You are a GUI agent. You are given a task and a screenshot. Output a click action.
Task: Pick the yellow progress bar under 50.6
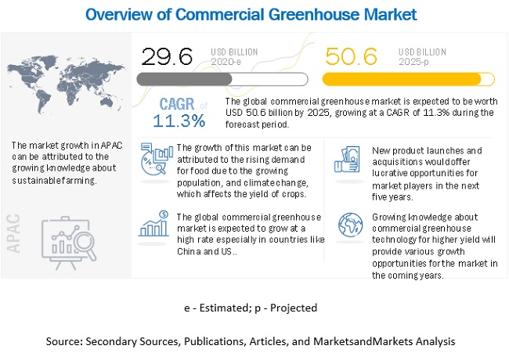(x=408, y=78)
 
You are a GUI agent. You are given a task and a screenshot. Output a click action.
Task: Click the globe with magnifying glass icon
(x=347, y=226)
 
